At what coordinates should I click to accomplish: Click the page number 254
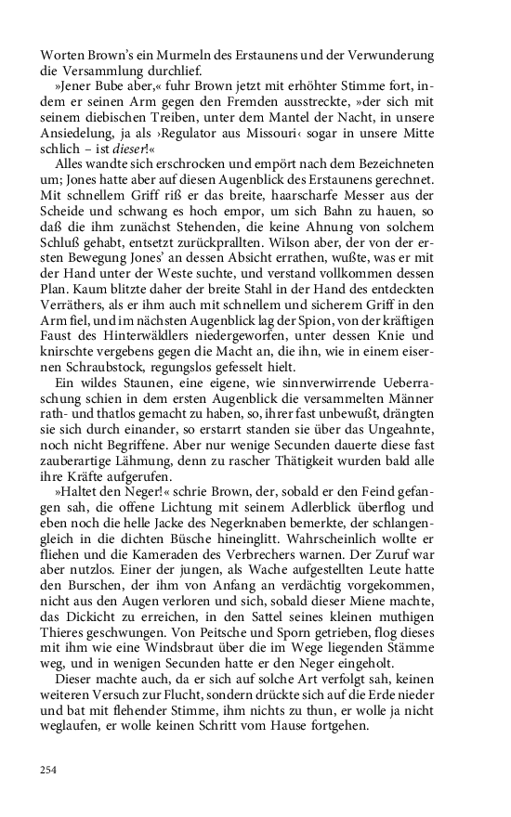pos(48,769)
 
